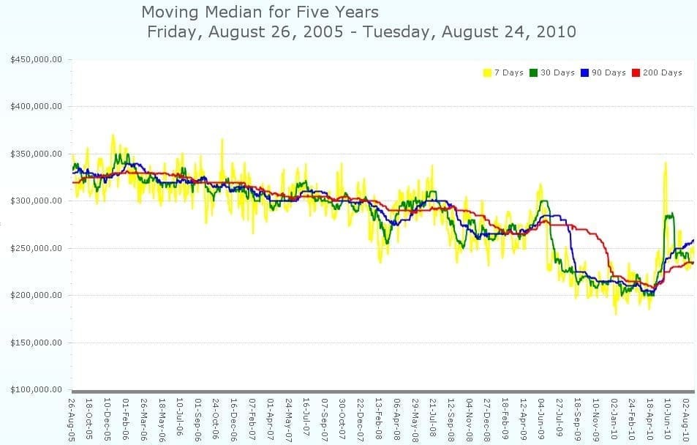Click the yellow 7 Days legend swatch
[488, 72]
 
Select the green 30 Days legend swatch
[533, 72]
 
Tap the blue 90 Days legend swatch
[584, 72]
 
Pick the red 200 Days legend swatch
[636, 72]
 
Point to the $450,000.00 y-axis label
[36, 59]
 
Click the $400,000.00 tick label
[36, 106]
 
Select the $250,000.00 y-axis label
[36, 248]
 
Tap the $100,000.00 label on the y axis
[36, 390]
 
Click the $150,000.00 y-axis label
[36, 343]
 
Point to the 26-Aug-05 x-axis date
[72, 419]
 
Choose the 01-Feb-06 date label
[126, 419]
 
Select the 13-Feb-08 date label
[379, 419]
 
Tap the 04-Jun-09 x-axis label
[541, 419]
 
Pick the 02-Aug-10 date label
[686, 419]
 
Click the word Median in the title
[231, 12]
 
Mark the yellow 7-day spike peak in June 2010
[666, 162]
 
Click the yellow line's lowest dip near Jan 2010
[616, 314]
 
